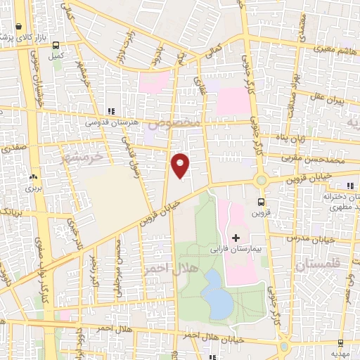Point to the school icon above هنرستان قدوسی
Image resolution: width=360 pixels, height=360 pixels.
point(110,111)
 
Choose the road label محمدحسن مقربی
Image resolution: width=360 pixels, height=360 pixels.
point(310,159)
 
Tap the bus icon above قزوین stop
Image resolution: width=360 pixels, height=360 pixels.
point(262,202)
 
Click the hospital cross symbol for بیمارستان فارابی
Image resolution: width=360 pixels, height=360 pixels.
point(236,237)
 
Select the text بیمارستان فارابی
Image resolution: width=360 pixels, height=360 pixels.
point(236,248)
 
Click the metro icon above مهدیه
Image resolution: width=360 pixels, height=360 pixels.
point(341,345)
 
